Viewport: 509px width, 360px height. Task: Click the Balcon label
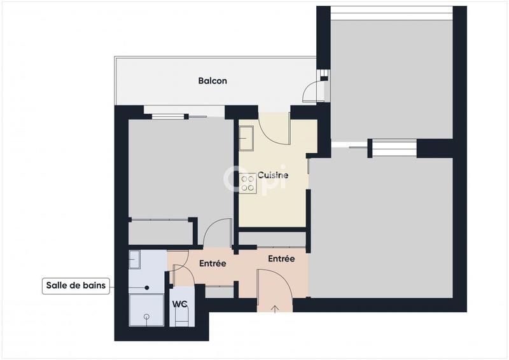click(212, 81)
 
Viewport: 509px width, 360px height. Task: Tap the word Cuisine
click(273, 175)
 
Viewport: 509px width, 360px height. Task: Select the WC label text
click(179, 303)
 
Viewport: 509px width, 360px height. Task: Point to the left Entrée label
click(213, 263)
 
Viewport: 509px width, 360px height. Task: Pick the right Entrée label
click(281, 259)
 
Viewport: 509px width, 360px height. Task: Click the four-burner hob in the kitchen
click(247, 184)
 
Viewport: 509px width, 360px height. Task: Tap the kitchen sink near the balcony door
click(246, 137)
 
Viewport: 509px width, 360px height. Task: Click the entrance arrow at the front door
click(275, 309)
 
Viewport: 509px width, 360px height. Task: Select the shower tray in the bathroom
click(145, 310)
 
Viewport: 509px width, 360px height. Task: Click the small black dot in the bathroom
click(147, 287)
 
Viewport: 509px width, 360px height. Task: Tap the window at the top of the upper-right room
click(392, 13)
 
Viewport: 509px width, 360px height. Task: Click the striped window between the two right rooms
click(393, 148)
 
